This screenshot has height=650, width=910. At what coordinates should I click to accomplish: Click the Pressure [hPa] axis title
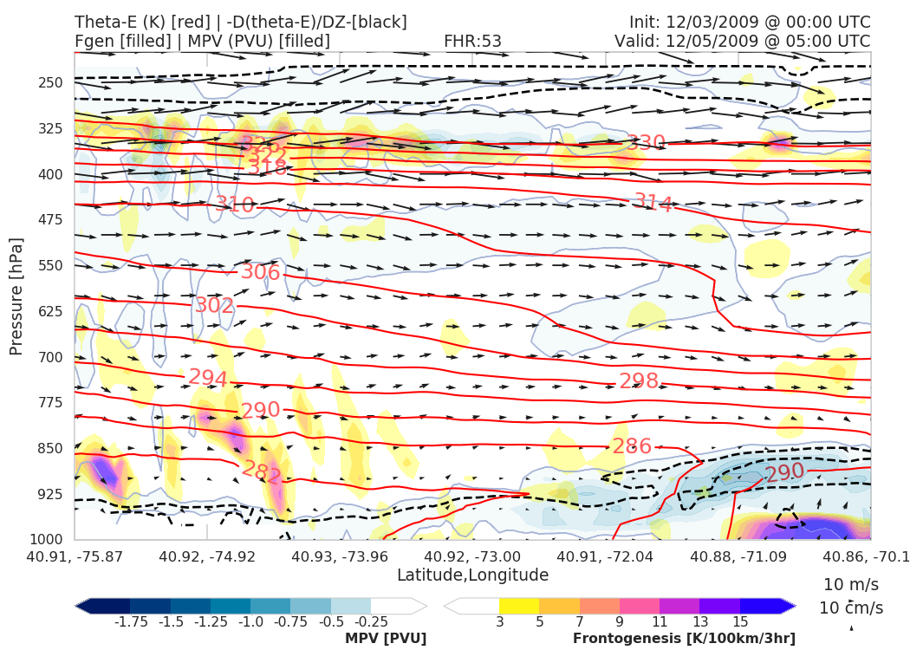coord(16,296)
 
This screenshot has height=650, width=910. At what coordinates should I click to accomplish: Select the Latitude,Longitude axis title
coord(472,575)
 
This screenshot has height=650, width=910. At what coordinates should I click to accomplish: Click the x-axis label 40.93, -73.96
coord(341,556)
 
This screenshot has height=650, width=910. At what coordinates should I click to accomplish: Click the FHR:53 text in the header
coord(472,41)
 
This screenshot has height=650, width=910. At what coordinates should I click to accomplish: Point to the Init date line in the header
coord(750,22)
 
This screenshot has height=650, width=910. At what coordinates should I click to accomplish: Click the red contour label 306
coord(260,272)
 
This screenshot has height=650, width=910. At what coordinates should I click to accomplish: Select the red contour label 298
coord(639,381)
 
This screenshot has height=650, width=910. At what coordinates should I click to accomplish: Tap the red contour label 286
coord(632,447)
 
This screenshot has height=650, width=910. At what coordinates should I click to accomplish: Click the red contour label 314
coord(653,205)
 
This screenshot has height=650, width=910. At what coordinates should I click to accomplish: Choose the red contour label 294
coord(208,378)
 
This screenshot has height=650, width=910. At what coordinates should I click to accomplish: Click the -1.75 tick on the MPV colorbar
coord(130,621)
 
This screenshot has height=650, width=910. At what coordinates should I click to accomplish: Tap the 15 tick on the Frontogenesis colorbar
coord(739,621)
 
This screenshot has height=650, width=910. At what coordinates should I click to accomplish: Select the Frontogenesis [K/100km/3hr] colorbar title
coord(684,638)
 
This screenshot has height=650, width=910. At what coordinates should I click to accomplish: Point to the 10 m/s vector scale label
coord(847,583)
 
